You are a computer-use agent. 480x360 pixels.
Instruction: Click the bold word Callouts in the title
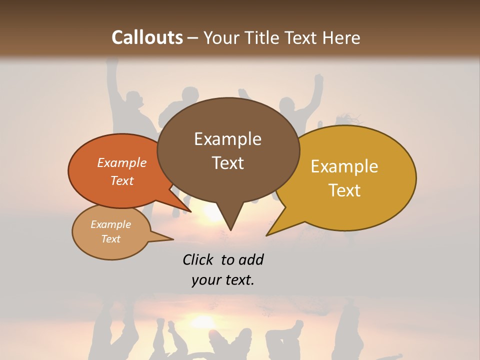(x=147, y=37)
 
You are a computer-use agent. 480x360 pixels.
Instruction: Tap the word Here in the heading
(x=341, y=37)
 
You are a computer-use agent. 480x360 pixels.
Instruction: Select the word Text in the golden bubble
(x=344, y=190)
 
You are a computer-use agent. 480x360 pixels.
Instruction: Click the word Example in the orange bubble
(x=122, y=162)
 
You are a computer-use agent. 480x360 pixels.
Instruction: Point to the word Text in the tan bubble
(x=111, y=239)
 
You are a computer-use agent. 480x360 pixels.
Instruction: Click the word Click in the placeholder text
(x=197, y=259)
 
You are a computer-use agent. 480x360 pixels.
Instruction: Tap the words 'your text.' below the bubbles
(x=222, y=280)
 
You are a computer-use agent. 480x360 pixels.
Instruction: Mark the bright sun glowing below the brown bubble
(x=212, y=212)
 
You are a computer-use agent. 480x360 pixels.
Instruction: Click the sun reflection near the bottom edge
(x=202, y=320)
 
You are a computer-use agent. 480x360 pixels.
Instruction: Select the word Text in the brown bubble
(x=227, y=162)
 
